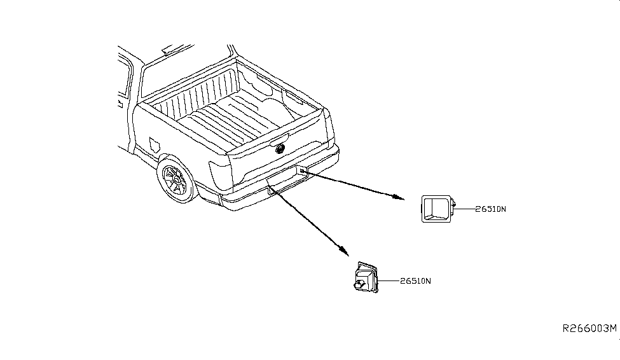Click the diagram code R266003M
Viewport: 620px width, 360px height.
[x=589, y=328]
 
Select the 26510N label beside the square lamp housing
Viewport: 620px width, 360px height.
[x=490, y=209]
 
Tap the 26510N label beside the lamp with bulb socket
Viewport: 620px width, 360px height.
[x=415, y=281]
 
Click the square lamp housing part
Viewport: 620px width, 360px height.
[x=437, y=209]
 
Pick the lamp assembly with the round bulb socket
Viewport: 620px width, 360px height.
[x=366, y=277]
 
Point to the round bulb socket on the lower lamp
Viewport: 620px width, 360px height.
[x=359, y=284]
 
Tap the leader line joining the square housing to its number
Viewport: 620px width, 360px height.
[x=465, y=209]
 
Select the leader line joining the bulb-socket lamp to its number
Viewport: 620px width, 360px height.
[x=389, y=281]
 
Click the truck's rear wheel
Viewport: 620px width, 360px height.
[x=176, y=179]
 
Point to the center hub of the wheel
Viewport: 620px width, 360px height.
[x=177, y=181]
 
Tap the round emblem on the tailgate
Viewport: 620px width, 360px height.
[x=280, y=149]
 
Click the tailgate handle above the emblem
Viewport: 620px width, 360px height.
[x=279, y=139]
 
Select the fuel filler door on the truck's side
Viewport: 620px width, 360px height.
[x=155, y=145]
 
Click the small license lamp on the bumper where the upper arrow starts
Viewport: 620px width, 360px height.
[x=302, y=170]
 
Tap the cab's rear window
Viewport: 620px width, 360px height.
[x=186, y=73]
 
